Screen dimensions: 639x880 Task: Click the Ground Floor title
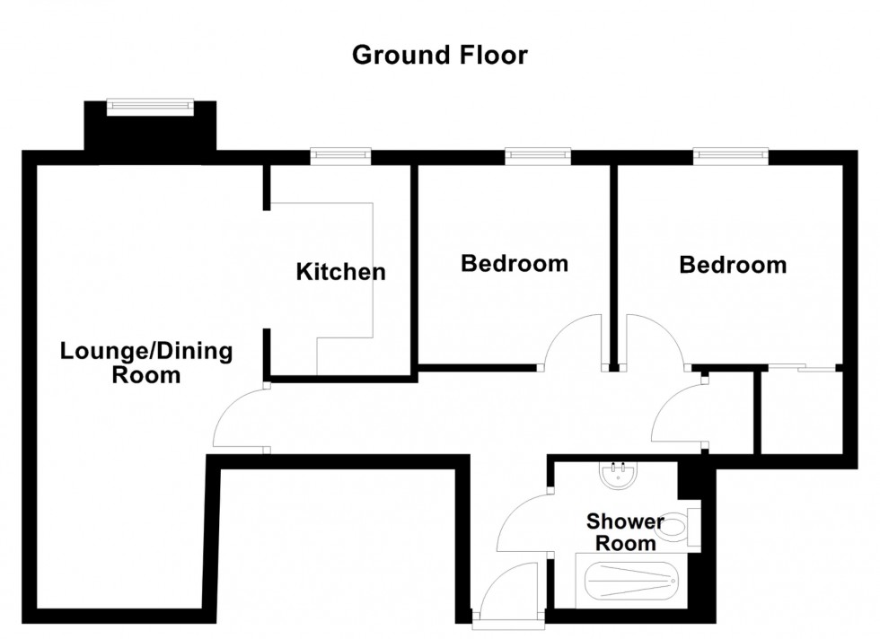439,56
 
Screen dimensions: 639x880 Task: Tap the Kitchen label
340,271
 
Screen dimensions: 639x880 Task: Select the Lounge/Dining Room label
146,363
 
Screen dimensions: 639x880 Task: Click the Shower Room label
625,531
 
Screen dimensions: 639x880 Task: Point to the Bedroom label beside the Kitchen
514,264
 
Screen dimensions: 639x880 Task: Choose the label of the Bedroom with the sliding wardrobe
733,265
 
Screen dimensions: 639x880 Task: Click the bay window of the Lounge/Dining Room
150,106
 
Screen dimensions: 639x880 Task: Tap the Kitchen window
340,156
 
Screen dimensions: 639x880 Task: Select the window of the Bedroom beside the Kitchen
538,156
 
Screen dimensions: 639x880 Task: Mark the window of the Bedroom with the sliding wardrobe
731,156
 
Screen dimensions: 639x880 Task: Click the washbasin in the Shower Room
618,476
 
